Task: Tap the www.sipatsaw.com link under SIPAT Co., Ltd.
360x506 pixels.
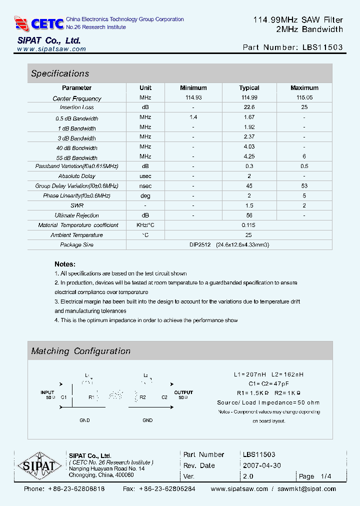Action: [51, 49]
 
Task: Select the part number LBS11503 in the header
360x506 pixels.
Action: [322, 47]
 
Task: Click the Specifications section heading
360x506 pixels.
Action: [60, 73]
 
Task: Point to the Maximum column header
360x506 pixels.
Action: [304, 88]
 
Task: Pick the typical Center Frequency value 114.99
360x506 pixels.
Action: [249, 98]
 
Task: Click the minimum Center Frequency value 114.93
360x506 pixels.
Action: [193, 98]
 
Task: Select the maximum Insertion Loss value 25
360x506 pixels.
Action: [304, 107]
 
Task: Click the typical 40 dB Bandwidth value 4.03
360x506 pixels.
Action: [249, 147]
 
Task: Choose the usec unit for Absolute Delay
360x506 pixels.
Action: [145, 176]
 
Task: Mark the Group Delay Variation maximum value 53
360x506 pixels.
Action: [304, 186]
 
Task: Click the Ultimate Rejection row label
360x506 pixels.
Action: [76, 215]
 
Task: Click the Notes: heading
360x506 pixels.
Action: [65, 264]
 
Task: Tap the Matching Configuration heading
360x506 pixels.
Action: [80, 351]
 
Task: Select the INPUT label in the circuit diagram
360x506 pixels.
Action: [47, 392]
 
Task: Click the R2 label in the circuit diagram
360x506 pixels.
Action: [142, 397]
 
